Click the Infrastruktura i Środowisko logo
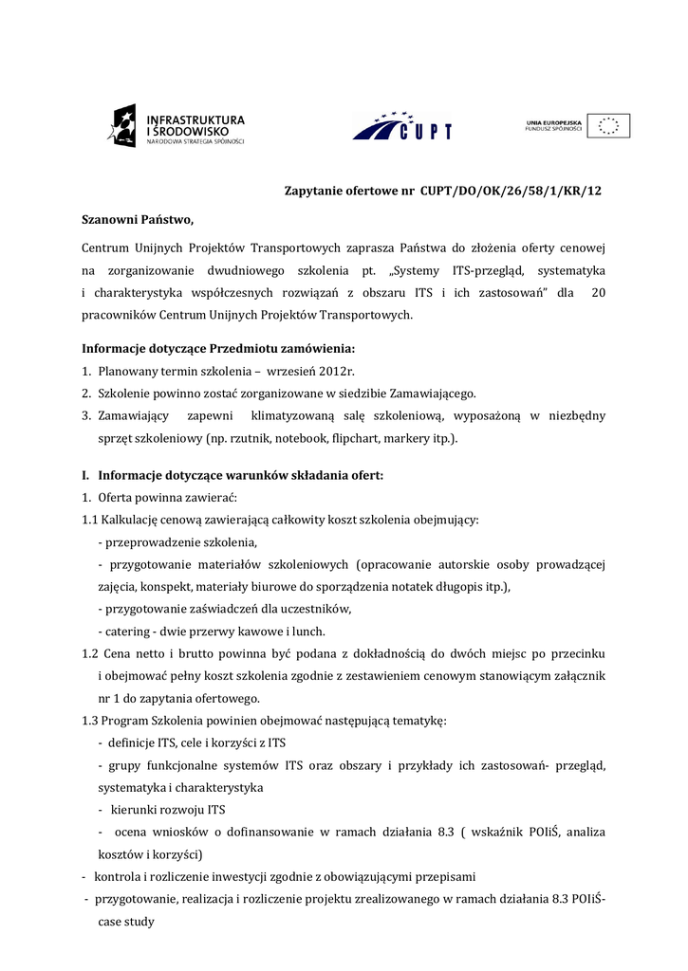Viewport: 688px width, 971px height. tap(177, 126)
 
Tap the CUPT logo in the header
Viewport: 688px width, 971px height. tap(401, 126)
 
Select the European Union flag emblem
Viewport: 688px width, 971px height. tap(608, 126)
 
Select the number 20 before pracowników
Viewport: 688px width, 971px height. tap(598, 293)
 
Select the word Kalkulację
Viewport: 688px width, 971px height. tap(135, 520)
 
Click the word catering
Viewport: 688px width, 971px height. tap(127, 632)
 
